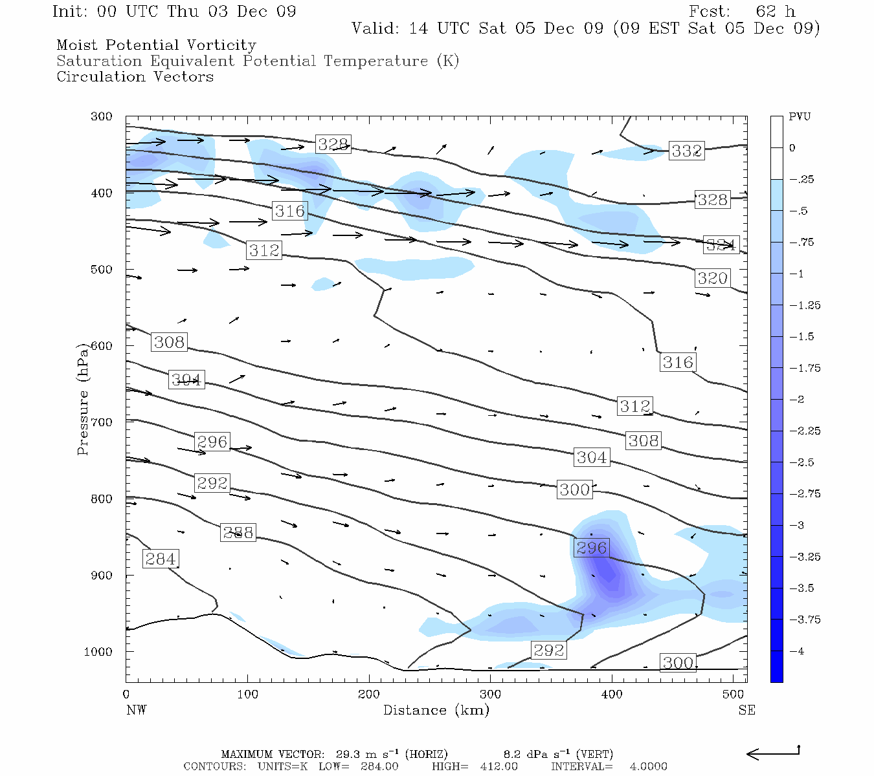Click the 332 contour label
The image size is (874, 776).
[x=686, y=151]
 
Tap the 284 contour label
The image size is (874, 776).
[x=160, y=559]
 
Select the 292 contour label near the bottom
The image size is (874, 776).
[x=548, y=650]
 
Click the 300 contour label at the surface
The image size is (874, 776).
[x=678, y=662]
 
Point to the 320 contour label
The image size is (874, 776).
[x=712, y=278]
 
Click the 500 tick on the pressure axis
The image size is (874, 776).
[x=102, y=270]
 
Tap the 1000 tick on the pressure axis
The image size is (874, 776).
[x=98, y=652]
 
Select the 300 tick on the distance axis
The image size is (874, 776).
[x=490, y=695]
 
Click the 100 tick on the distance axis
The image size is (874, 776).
[x=247, y=695]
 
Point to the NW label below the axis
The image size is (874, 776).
[x=136, y=710]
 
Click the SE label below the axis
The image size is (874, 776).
[x=746, y=710]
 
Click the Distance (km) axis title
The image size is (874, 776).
[x=436, y=710]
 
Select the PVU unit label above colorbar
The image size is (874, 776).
[x=800, y=117]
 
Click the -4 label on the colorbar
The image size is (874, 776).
[x=798, y=651]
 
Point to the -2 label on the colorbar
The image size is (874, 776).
[x=798, y=400]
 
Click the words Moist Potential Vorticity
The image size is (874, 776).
[x=156, y=45]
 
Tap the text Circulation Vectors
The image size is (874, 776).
[x=135, y=77]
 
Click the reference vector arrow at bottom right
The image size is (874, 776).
[x=773, y=753]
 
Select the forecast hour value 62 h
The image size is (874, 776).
[x=775, y=12]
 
